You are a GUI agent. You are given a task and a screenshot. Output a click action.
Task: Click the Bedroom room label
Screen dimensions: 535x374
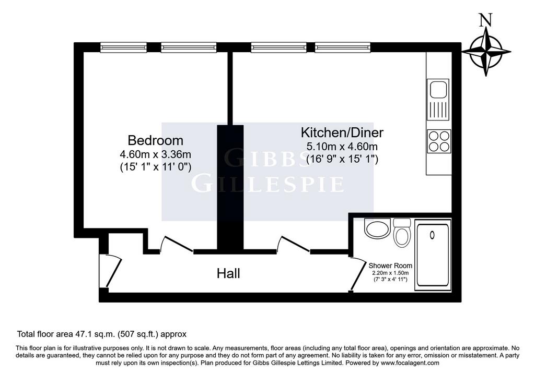point(155,140)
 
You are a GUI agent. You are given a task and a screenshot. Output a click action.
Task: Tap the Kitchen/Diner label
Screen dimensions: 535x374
point(342,132)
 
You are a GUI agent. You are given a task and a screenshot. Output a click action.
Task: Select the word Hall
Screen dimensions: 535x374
point(228,273)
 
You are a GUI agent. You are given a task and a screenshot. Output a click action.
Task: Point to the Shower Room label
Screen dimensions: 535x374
point(390,266)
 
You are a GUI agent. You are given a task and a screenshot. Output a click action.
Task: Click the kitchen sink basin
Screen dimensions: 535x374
point(438,89)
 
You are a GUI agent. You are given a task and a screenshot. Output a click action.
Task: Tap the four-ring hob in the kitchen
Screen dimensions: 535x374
point(439,141)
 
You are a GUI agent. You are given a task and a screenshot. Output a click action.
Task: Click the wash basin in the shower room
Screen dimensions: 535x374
point(377,228)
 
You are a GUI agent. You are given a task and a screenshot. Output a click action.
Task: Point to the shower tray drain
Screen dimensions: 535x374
point(432,235)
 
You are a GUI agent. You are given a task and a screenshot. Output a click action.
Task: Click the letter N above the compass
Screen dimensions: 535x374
point(486,20)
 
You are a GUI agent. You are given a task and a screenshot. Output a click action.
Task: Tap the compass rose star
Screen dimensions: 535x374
point(486,52)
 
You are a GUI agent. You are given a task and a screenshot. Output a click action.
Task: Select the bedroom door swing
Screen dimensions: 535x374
point(176,244)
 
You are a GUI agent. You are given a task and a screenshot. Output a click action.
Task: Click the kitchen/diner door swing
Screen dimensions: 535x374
point(294,244)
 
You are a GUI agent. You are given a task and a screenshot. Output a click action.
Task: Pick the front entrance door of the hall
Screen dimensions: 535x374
point(113,271)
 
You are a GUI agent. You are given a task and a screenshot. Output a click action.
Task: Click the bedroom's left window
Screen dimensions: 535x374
point(124,47)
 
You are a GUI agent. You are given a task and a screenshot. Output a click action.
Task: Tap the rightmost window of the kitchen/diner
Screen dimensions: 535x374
point(342,47)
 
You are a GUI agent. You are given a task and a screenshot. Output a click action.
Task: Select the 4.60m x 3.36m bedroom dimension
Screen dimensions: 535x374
point(155,154)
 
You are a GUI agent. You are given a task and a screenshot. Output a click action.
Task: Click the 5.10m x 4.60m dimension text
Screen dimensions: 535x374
point(342,147)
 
